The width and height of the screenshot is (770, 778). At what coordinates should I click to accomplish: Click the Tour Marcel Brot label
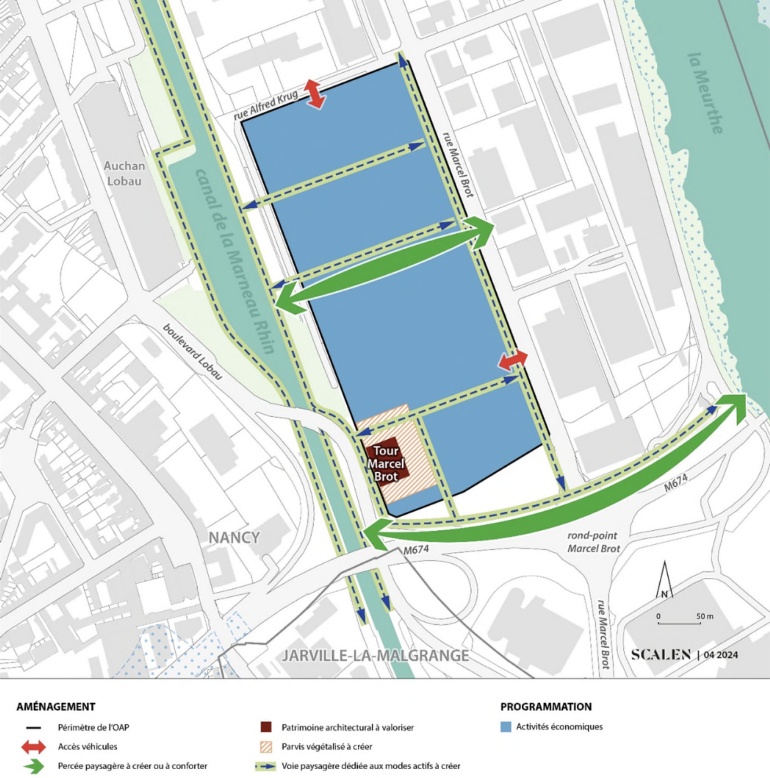pyautogui.click(x=386, y=464)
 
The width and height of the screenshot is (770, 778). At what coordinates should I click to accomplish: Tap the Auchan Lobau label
pyautogui.click(x=124, y=173)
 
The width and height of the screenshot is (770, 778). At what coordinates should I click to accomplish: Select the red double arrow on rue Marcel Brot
pyautogui.click(x=513, y=360)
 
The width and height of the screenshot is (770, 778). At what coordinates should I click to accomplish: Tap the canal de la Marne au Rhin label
pyautogui.click(x=235, y=262)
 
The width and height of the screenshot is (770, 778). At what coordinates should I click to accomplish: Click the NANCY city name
pyautogui.click(x=234, y=537)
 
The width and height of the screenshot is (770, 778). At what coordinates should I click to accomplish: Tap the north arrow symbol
pyautogui.click(x=664, y=580)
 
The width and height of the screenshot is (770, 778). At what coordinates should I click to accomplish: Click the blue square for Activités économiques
pyautogui.click(x=506, y=727)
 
